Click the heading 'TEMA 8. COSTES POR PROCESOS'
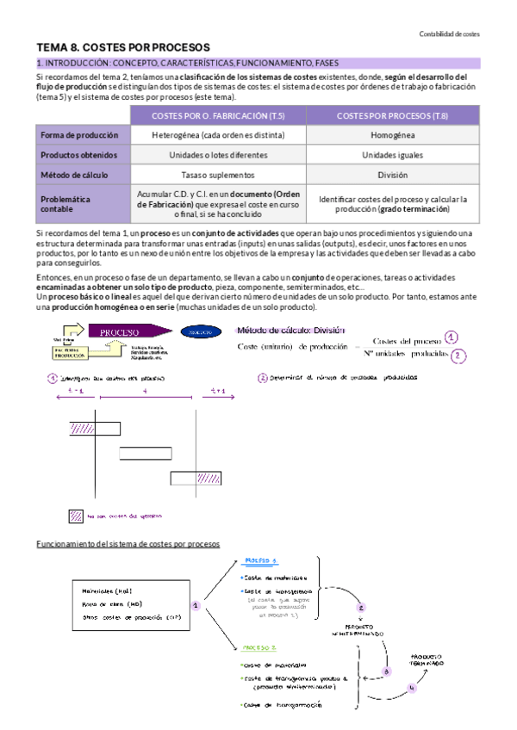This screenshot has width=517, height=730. pyautogui.click(x=123, y=47)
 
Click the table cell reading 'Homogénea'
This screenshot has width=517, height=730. pyautogui.click(x=392, y=135)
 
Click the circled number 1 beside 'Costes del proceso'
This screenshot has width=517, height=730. pyautogui.click(x=475, y=337)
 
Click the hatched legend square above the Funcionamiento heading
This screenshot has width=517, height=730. pyautogui.click(x=76, y=517)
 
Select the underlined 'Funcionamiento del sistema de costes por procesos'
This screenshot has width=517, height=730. pyautogui.click(x=128, y=544)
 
